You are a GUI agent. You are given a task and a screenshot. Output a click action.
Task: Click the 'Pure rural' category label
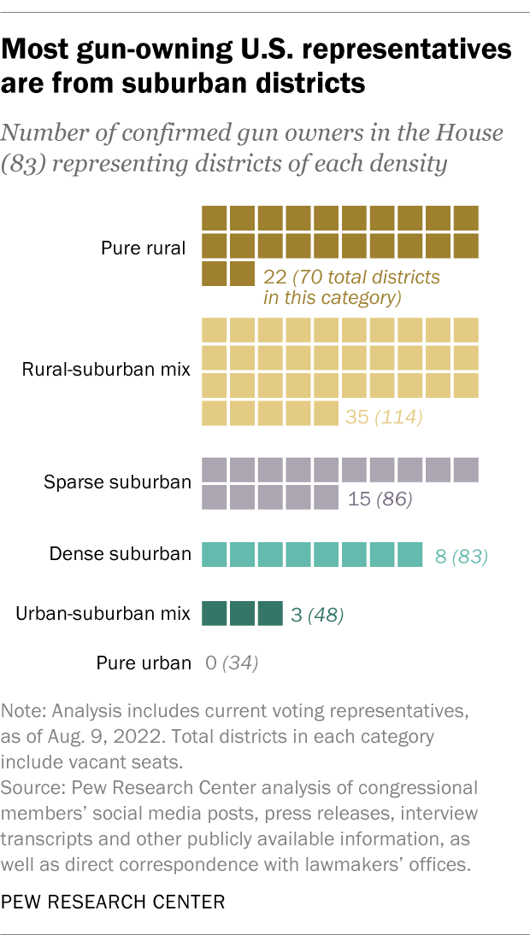(x=143, y=249)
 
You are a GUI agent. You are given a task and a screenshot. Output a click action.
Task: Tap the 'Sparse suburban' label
(x=117, y=482)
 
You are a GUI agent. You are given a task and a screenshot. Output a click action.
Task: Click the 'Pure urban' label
(x=143, y=663)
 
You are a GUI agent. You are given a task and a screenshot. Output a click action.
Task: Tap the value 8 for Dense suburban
(x=440, y=557)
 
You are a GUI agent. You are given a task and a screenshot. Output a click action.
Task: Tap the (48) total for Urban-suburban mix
(x=326, y=615)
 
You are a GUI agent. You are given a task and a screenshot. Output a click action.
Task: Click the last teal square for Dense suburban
(x=409, y=555)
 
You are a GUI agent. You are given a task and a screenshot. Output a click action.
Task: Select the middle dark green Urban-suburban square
(x=242, y=613)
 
